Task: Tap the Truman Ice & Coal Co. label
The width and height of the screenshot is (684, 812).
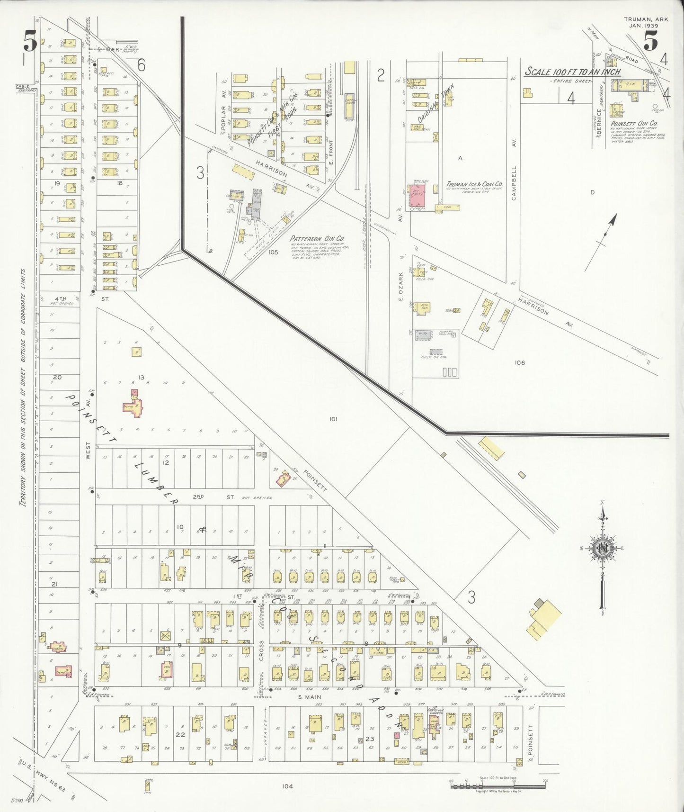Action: [474, 184]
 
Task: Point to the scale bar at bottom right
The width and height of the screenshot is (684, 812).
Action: [499, 786]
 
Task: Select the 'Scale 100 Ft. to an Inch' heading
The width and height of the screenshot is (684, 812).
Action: [572, 72]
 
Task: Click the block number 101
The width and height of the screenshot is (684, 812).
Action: [333, 419]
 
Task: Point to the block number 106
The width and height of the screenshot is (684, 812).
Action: [520, 362]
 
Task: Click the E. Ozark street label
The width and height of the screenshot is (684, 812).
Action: [400, 286]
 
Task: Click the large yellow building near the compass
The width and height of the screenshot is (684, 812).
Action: [544, 618]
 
